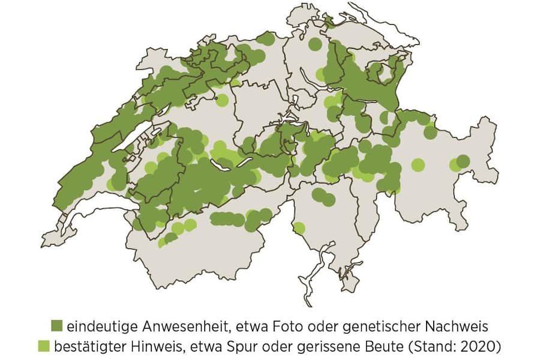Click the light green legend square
pyautogui.click(x=44, y=346)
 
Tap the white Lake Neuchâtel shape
pyautogui.click(x=128, y=144)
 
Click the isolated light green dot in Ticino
pyautogui.click(x=299, y=228)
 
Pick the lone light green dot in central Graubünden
pyautogui.click(x=418, y=164)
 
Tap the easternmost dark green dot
pyautogui.click(x=463, y=161)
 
